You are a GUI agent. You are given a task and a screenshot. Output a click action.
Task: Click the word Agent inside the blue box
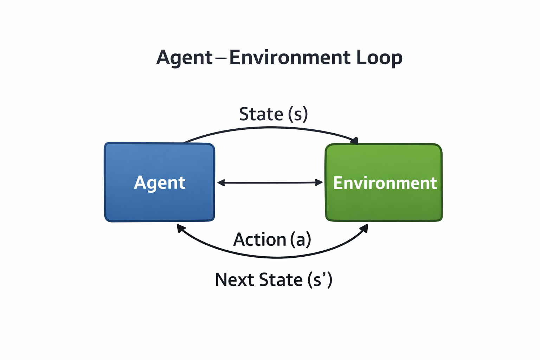pos(160,183)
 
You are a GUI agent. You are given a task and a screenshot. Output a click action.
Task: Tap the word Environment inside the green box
pos(385,183)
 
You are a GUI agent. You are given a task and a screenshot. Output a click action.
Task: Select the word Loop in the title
pos(379,58)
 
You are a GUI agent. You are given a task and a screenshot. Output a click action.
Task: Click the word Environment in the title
pos(290,58)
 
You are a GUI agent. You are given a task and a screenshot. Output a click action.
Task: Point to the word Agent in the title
pos(185,58)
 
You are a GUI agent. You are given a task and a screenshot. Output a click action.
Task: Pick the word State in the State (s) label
pos(261,114)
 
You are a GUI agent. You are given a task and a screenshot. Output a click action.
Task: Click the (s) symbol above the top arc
pos(298,114)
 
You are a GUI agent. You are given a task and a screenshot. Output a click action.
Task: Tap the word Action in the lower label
pos(260,240)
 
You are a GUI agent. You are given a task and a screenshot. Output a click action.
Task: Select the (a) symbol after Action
pos(301,240)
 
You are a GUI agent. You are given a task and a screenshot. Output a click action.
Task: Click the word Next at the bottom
pos(234,280)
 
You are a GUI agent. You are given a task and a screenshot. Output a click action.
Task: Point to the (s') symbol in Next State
pos(320,280)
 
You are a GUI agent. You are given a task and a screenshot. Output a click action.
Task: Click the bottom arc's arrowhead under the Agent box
pos(180,228)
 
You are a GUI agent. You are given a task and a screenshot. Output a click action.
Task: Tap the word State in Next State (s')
pos(281,280)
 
